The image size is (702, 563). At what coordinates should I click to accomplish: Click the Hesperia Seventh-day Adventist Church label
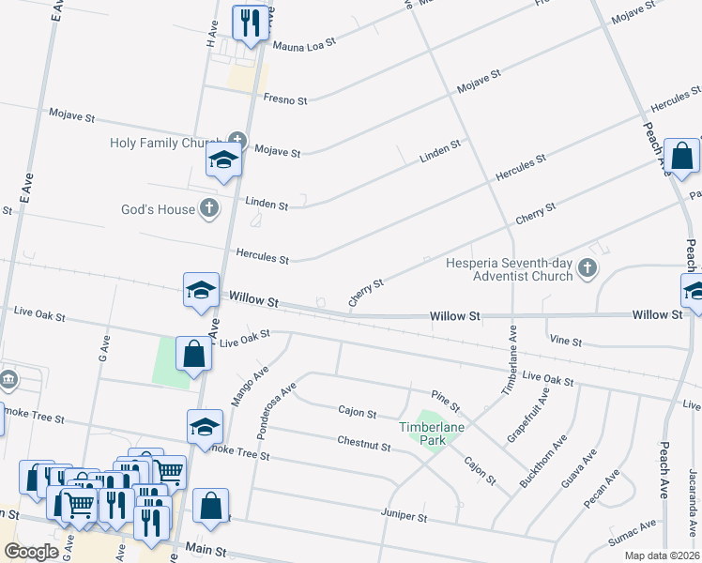pyautogui.click(x=510, y=269)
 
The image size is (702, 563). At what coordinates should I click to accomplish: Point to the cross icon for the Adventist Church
pyautogui.click(x=588, y=269)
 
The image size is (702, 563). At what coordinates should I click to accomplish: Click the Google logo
pyautogui.click(x=31, y=552)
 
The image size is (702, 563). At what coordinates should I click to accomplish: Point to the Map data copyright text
pyautogui.click(x=662, y=555)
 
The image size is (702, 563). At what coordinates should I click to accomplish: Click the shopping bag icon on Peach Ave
pyautogui.click(x=681, y=156)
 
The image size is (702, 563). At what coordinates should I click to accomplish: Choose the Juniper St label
pyautogui.click(x=404, y=517)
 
